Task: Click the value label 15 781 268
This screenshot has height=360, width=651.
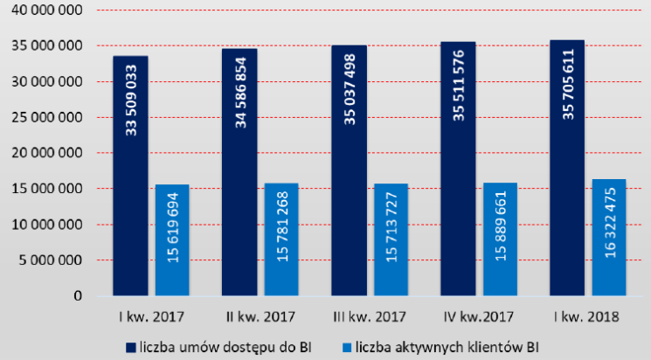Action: point(282,232)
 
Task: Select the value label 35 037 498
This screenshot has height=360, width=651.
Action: point(350,91)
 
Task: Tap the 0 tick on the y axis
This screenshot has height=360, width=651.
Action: point(77,296)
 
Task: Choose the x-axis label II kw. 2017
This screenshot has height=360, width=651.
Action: point(260,315)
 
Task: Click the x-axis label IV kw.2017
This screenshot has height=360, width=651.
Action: point(479,315)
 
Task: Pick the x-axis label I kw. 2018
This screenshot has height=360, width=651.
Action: point(588,315)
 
